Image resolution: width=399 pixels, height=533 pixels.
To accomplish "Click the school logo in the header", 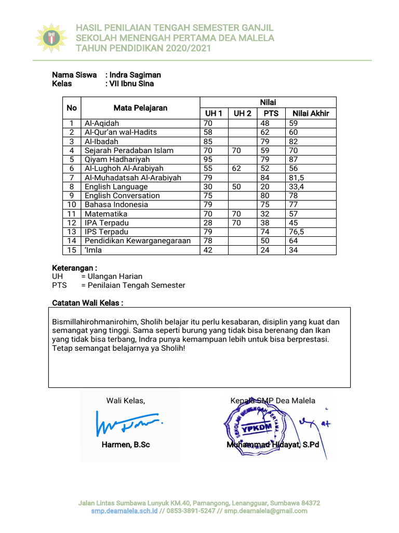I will (x=51, y=37).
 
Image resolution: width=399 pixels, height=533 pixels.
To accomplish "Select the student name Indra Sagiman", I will (x=135, y=75).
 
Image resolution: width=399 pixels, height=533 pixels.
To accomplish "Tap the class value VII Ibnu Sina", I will (x=131, y=83).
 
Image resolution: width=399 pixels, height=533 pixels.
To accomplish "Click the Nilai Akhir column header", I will (x=311, y=113).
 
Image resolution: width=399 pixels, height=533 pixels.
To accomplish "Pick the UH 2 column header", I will (x=242, y=113).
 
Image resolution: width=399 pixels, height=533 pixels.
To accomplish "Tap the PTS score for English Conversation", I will (x=266, y=196).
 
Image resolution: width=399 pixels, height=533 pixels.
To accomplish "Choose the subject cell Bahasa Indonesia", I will (x=109, y=205).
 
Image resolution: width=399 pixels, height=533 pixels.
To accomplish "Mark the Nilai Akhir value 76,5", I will (x=297, y=232).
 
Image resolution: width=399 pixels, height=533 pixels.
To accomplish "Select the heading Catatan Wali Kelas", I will (x=88, y=303).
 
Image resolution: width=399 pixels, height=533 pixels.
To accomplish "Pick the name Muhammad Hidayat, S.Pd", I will (x=272, y=445).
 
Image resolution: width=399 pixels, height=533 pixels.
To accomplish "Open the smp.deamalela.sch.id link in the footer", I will (x=124, y=511).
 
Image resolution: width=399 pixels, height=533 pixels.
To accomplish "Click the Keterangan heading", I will (x=75, y=268).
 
